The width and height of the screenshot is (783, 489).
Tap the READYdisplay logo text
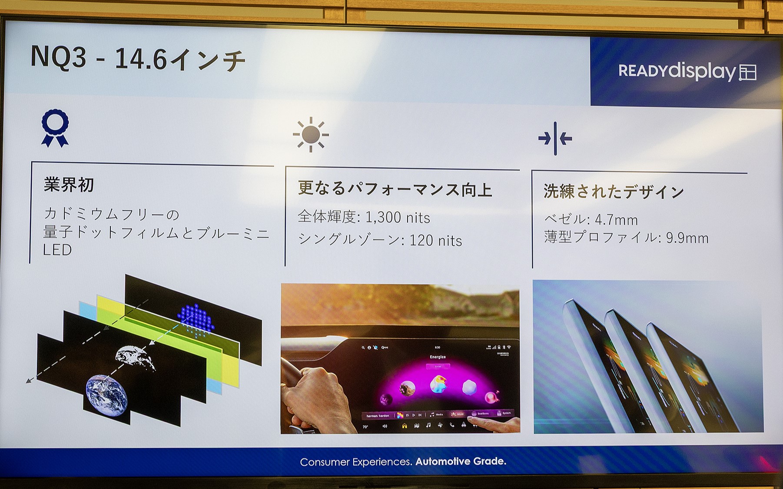676,71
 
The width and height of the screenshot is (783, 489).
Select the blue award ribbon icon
55,128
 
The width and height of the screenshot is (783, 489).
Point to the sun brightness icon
311,135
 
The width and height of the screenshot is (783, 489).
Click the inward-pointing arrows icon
555,139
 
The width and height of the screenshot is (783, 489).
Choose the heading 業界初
69,185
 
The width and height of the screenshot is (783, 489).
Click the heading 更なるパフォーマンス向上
395,189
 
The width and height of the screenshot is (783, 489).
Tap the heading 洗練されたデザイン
614,192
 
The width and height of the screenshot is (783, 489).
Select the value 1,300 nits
398,218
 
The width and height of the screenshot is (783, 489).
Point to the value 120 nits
435,241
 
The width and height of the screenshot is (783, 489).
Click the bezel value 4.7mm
616,220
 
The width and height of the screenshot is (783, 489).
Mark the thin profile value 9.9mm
687,238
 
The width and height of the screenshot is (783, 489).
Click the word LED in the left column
57,250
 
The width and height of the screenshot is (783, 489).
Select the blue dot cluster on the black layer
196,320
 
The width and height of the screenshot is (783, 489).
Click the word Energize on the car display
438,357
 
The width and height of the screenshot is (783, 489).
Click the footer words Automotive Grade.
461,462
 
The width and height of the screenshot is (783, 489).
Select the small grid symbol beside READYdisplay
748,73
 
